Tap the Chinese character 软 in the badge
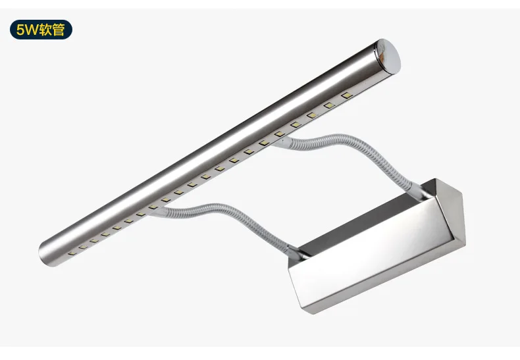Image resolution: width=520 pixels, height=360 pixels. point(46,30)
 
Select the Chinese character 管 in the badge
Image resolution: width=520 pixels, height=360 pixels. point(59,30)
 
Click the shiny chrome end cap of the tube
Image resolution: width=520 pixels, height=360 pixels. point(387,56)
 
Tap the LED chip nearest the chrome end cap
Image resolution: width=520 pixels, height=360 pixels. point(346,95)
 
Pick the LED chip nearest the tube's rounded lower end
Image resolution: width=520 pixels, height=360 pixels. point(72,253)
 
